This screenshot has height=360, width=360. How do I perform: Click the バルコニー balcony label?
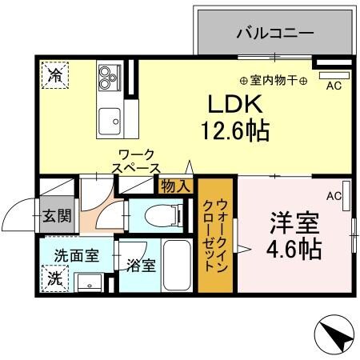click(274, 34)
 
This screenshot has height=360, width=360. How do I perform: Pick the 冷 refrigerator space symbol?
click(55, 77)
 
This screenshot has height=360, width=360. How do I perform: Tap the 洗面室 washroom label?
click(77, 256)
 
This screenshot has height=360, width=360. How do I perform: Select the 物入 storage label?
click(174, 186)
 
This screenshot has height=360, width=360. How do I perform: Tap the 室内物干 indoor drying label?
click(274, 80)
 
